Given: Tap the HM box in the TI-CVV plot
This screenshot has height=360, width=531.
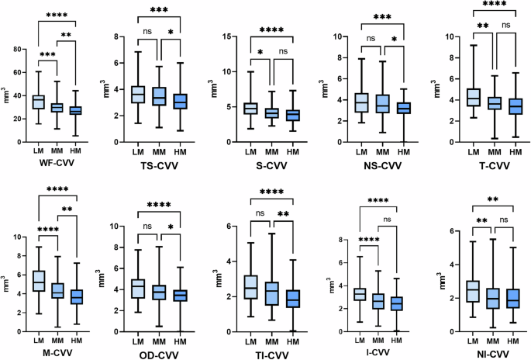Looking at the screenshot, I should [x=291, y=299].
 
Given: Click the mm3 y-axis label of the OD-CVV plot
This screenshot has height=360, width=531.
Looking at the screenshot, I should [x=113, y=279].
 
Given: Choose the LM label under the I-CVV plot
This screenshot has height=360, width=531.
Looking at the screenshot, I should [x=360, y=340].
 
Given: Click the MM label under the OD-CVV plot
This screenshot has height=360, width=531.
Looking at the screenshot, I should [x=158, y=340].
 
